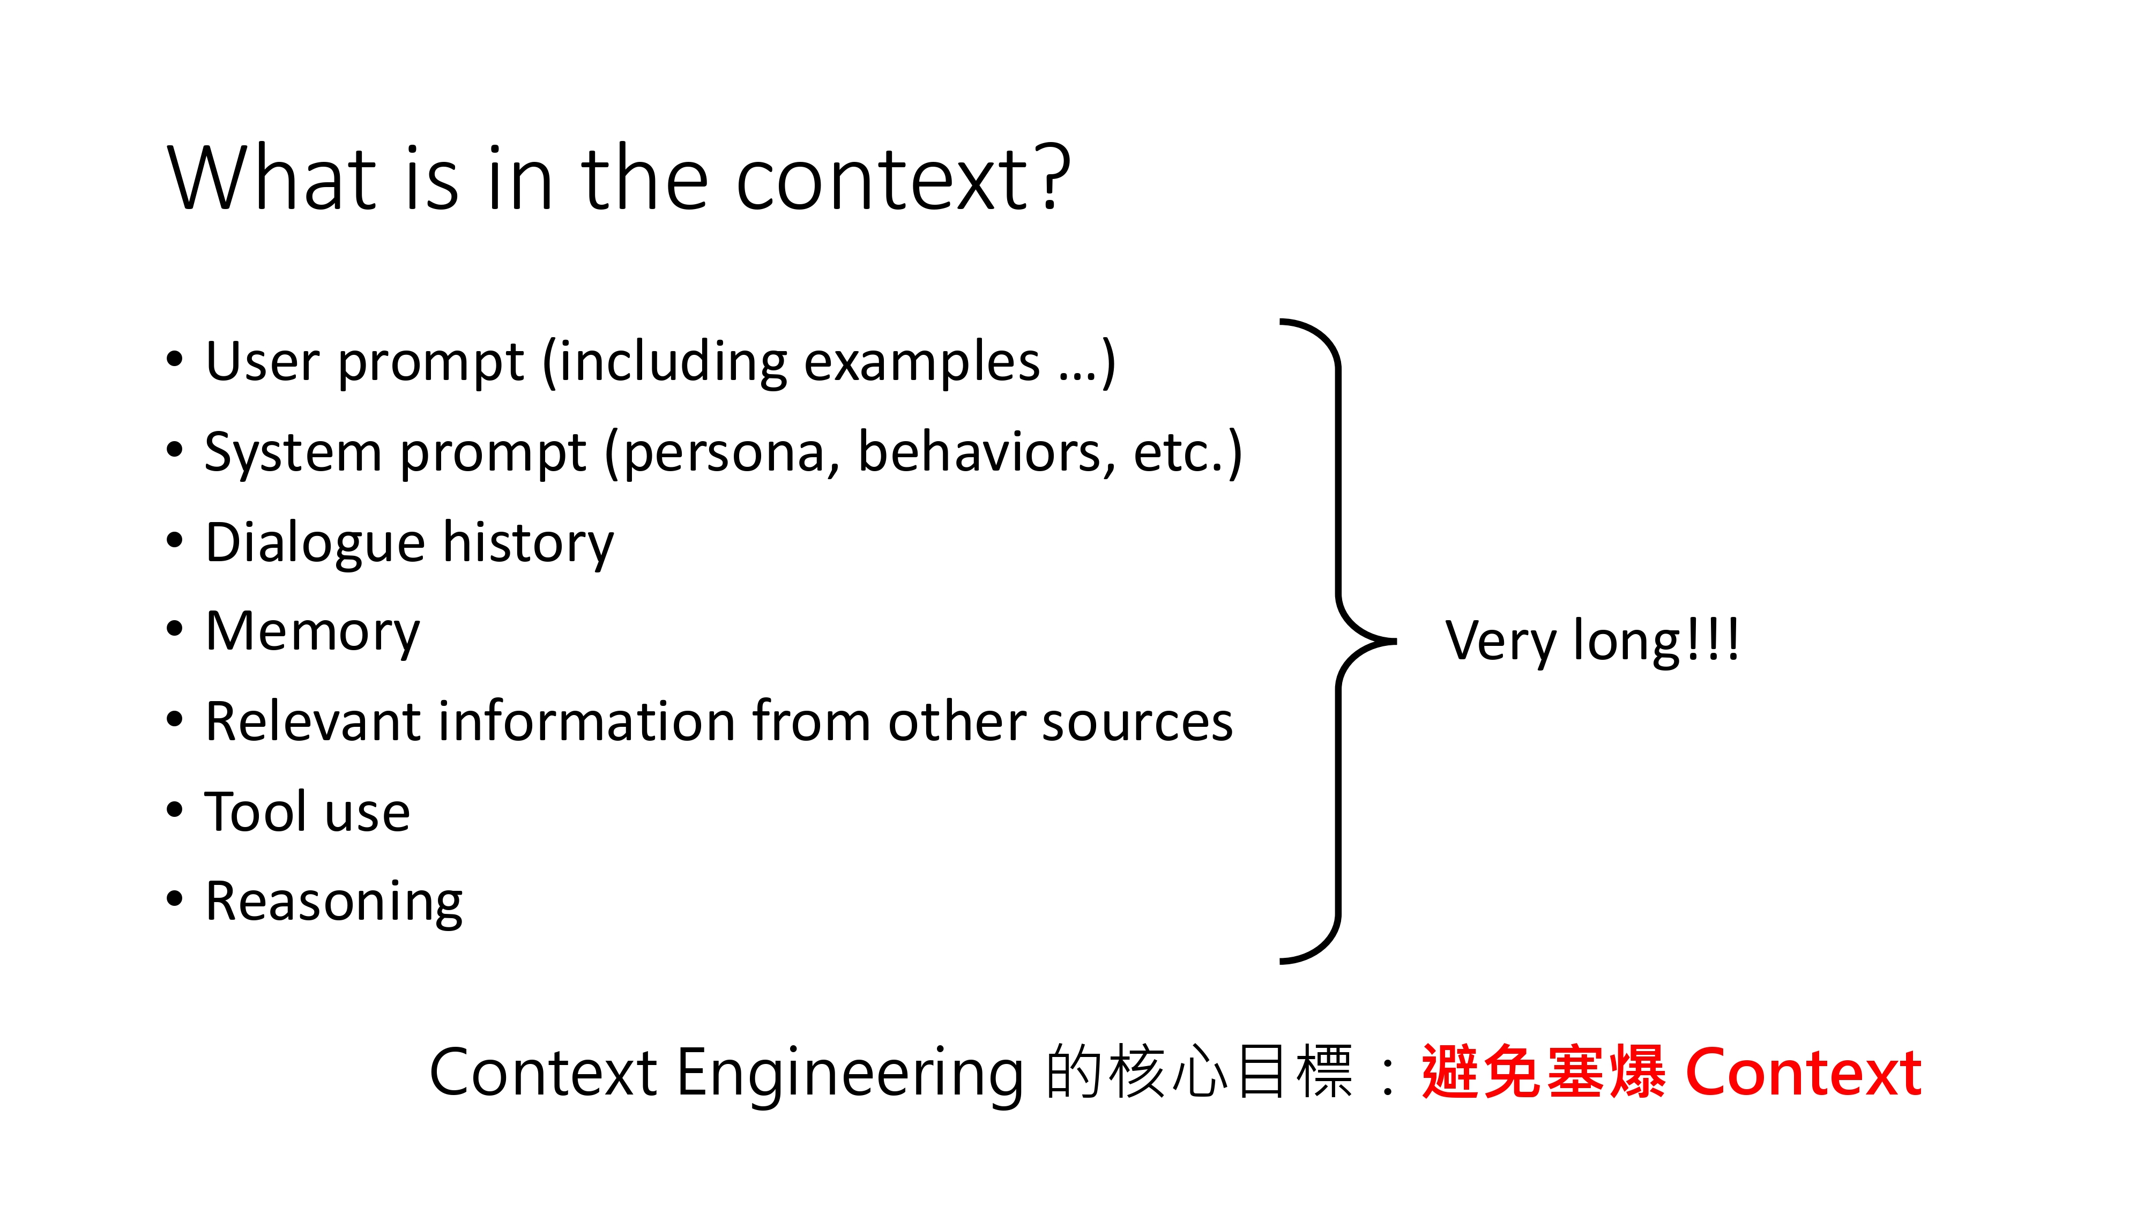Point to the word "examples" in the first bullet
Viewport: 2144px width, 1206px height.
tap(922, 363)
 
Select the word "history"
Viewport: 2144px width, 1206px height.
tap(528, 544)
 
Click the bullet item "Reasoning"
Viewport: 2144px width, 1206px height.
tap(333, 902)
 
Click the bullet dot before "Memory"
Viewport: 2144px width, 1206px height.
tap(174, 629)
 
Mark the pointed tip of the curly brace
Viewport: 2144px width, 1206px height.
tap(1394, 642)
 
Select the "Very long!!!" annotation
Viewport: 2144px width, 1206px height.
tap(1591, 641)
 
